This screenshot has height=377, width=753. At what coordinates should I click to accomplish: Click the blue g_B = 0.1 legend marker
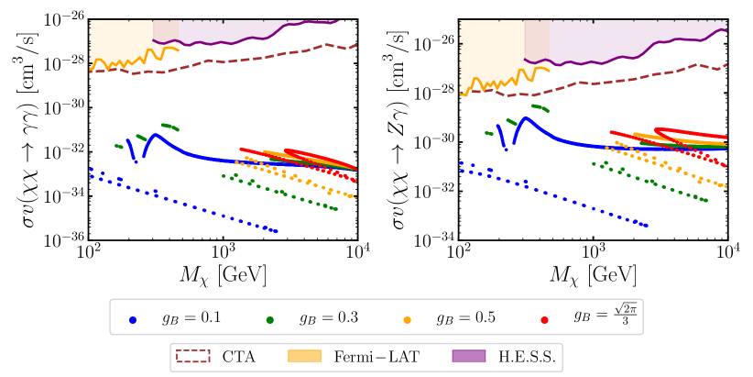pos(134,320)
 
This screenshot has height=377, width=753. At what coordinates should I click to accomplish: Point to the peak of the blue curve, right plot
pos(526,117)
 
